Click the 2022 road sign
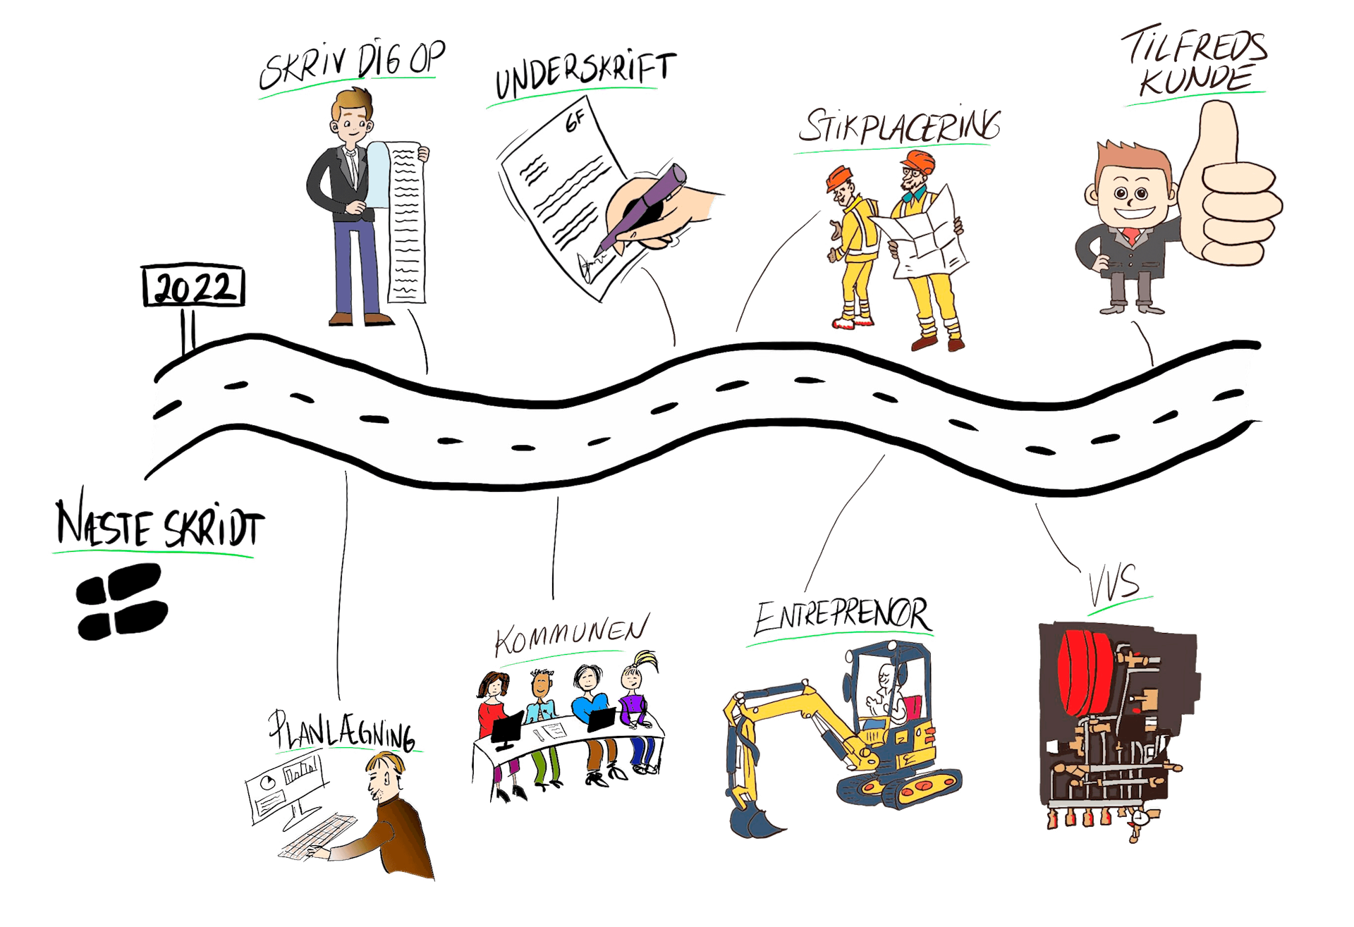click(194, 288)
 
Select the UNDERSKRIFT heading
click(582, 78)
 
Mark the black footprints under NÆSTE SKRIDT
click(121, 601)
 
